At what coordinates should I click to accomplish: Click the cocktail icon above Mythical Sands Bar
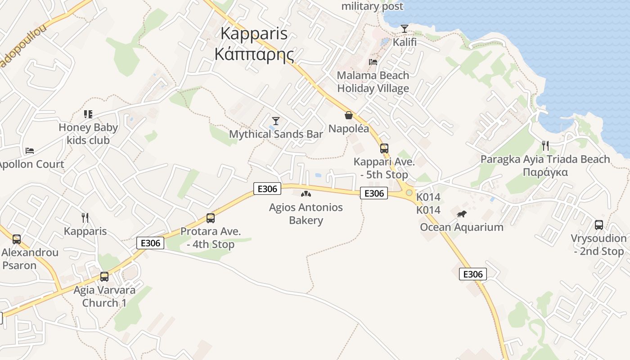point(276,121)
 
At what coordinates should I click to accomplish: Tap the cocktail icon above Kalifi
point(405,29)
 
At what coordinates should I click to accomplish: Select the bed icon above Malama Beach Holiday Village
point(373,62)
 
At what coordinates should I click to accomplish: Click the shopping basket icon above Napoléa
point(348,116)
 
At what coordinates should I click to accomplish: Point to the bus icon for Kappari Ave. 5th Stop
point(384,148)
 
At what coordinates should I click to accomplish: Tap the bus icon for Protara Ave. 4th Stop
point(210,218)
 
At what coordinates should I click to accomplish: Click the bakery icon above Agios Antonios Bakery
point(306,194)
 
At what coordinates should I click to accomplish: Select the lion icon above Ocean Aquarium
point(462,214)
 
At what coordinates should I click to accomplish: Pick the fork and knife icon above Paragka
point(545,146)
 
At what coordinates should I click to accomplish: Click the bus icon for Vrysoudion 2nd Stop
point(598,225)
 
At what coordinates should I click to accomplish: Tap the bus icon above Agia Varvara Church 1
point(104,277)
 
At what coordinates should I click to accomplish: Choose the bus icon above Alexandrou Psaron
point(17,239)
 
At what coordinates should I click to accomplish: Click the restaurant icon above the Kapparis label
point(85,218)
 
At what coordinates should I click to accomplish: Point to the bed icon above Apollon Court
point(29,151)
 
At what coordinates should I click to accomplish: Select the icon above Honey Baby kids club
point(88,114)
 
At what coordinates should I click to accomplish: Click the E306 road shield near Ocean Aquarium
point(472,274)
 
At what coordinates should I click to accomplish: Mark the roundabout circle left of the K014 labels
point(409,193)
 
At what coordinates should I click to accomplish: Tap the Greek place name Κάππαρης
point(254,54)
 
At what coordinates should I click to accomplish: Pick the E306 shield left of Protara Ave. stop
point(150,243)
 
